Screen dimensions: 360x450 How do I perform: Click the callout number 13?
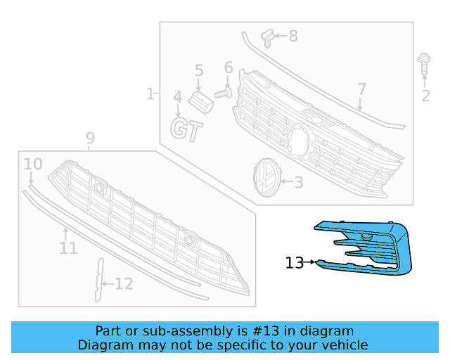coord(294,263)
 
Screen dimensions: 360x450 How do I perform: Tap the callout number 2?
coord(425,96)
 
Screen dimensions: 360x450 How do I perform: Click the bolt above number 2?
coord(425,64)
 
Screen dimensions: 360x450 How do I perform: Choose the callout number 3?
coord(298,183)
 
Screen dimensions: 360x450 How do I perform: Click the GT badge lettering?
coord(186,130)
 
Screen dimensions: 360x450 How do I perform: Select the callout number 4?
coord(177,97)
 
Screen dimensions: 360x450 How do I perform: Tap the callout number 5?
coord(199,70)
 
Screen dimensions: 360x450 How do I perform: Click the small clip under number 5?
coord(201,100)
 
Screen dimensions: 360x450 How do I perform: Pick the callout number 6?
coord(229,67)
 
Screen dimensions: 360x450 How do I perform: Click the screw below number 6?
coord(224,92)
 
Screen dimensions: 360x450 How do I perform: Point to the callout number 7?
coord(361,89)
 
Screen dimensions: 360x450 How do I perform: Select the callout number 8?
coord(292,35)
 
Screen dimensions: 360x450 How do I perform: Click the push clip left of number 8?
coord(266,35)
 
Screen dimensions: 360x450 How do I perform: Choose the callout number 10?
coord(33,165)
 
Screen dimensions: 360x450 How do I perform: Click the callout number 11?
coord(68,247)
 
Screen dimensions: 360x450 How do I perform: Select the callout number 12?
coord(124,284)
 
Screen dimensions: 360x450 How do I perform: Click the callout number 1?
coord(150,94)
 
